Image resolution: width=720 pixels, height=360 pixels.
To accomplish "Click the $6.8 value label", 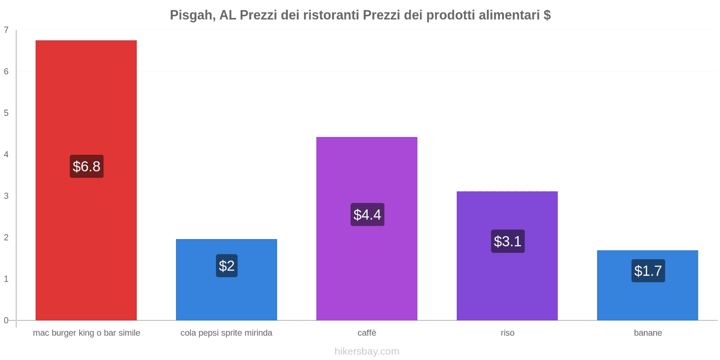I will click(x=86, y=166).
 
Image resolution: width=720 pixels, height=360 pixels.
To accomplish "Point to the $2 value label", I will click(x=227, y=266).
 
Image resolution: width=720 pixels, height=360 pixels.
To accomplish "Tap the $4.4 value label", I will click(x=367, y=215).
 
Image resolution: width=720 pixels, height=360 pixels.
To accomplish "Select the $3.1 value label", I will click(x=508, y=242).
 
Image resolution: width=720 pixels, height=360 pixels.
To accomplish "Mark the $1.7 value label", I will click(x=648, y=271).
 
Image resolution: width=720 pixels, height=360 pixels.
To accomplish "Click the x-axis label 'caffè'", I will click(x=367, y=333).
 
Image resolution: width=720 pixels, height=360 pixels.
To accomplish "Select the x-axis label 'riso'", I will click(x=507, y=333).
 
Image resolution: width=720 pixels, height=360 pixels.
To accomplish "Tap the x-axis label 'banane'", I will click(x=648, y=333).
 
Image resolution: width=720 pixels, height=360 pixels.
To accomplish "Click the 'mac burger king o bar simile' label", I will click(x=86, y=333).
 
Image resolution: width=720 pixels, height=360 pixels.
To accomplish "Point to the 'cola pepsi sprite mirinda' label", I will click(x=226, y=333).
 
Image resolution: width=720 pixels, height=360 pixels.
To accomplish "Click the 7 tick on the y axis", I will click(x=6, y=30).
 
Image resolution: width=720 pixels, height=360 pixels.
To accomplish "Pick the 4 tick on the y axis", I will click(x=6, y=155).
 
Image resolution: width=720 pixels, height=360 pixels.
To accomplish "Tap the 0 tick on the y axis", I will click(x=6, y=320).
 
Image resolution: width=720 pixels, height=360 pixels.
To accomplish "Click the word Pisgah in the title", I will click(x=191, y=15).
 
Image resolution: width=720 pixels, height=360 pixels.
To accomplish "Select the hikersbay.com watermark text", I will click(x=367, y=351).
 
